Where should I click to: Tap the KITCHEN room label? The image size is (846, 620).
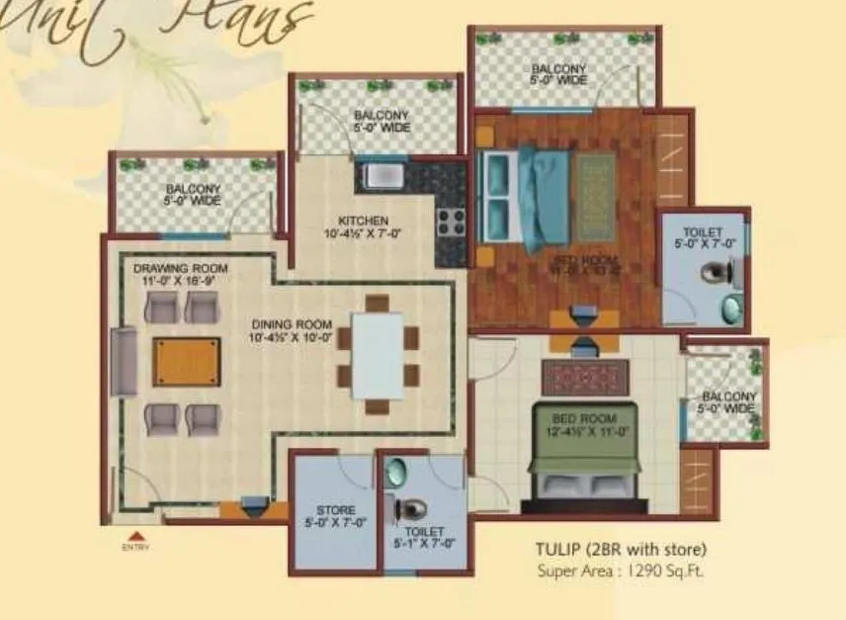click(363, 227)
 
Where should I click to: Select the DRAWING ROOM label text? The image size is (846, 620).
click(181, 274)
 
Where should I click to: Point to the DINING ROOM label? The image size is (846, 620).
click(291, 330)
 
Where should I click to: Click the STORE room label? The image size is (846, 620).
click(336, 516)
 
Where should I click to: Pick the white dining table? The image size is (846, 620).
click(378, 355)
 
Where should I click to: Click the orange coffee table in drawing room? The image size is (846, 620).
click(187, 362)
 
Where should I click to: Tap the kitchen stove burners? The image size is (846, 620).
click(451, 220)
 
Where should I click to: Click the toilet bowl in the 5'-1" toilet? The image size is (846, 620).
click(410, 509)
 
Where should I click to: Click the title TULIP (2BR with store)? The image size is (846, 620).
click(622, 550)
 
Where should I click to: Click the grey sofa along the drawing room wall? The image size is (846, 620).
click(124, 361)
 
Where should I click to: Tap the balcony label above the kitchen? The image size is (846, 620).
click(381, 122)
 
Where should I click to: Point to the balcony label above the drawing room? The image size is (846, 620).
click(193, 195)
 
